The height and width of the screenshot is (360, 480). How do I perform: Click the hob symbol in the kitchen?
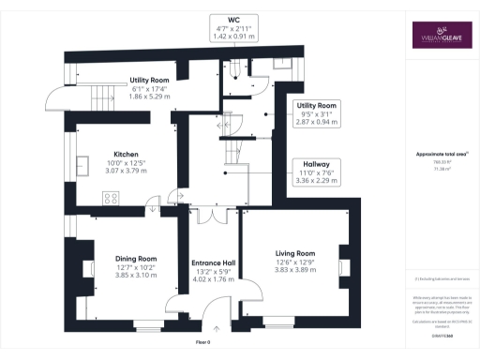pyautogui.click(x=111, y=197)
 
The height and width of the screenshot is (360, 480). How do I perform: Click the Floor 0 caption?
pyautogui.click(x=215, y=345)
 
